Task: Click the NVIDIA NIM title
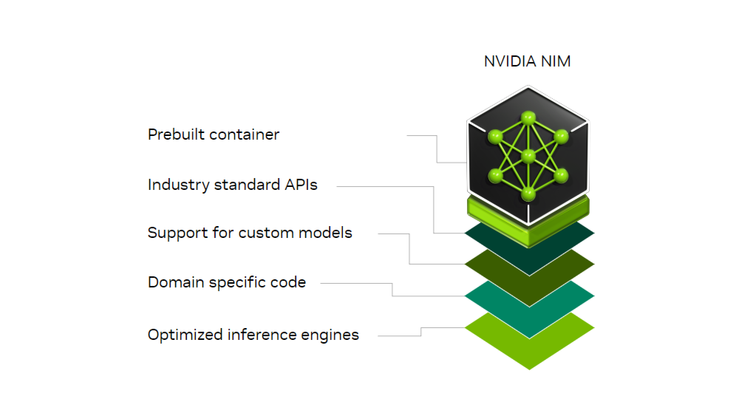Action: tap(527, 61)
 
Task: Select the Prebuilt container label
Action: tap(213, 134)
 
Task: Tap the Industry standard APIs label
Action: tap(232, 185)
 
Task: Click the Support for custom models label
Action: tap(250, 233)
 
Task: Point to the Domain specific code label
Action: tap(227, 283)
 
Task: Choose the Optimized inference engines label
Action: tap(253, 335)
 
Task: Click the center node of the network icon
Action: tap(528, 156)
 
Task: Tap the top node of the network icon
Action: tap(528, 118)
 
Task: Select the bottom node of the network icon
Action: tap(528, 194)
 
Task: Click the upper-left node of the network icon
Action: tap(495, 136)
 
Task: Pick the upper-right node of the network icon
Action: tap(561, 136)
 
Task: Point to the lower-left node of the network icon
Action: tap(495, 175)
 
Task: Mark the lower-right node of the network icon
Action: tap(561, 175)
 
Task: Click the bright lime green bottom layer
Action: tap(529, 351)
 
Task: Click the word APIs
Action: tap(301, 185)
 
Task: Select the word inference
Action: tap(262, 335)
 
